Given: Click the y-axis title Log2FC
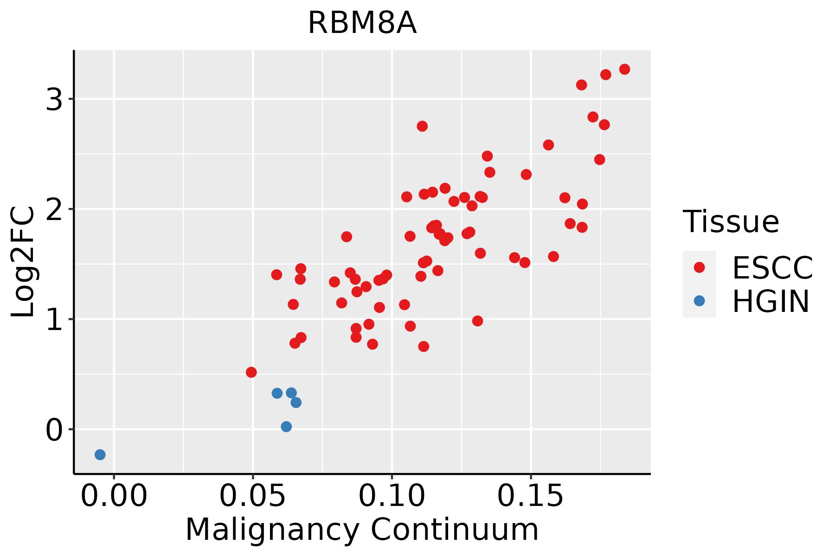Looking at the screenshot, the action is (x=23, y=262).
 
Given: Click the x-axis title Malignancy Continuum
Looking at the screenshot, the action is (x=362, y=530).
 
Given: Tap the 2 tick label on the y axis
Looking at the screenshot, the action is (x=54, y=209).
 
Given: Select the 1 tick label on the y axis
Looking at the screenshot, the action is (x=54, y=319).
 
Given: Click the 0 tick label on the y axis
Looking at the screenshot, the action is (x=54, y=430).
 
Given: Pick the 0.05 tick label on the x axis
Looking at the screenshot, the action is (x=253, y=497).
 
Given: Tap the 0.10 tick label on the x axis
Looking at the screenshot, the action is (x=392, y=497).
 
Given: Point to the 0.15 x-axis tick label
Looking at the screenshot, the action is (x=531, y=497).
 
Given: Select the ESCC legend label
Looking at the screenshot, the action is (x=772, y=267).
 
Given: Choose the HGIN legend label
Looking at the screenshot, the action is (x=771, y=301).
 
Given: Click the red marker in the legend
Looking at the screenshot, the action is (x=699, y=267).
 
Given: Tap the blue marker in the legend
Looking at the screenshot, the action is (x=699, y=301).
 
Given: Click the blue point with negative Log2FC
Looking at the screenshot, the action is (x=100, y=454).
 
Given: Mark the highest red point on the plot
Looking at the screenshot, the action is (x=624, y=69).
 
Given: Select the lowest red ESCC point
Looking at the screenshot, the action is (x=251, y=372).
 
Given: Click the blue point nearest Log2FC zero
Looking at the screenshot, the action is (x=286, y=427).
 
